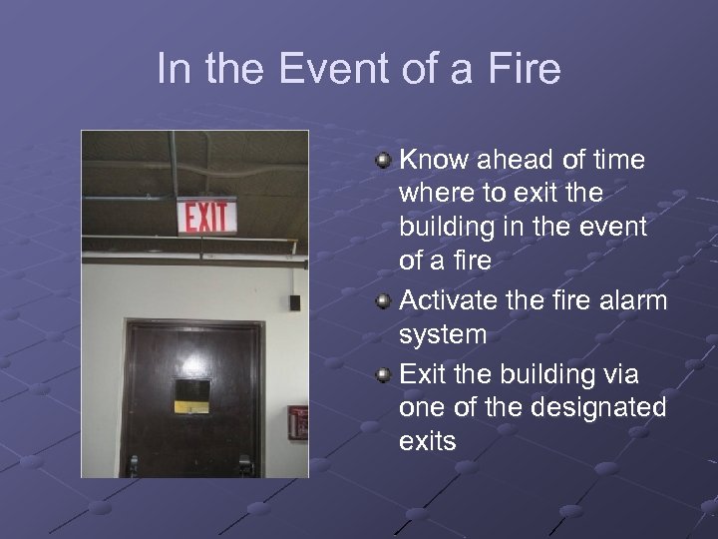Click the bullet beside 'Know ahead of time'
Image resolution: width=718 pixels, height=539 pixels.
pos(384,159)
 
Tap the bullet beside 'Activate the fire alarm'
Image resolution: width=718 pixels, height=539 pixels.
pos(384,300)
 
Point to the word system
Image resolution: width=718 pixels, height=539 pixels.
pos(443,335)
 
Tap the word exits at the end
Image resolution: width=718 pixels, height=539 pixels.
pos(428,441)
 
